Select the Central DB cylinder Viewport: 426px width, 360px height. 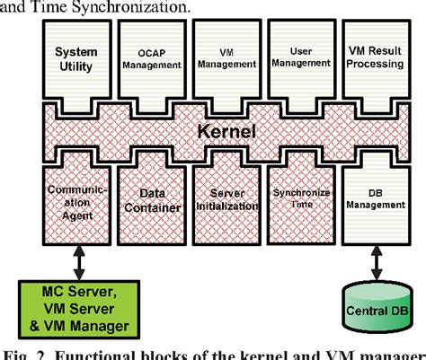(x=375, y=311)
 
